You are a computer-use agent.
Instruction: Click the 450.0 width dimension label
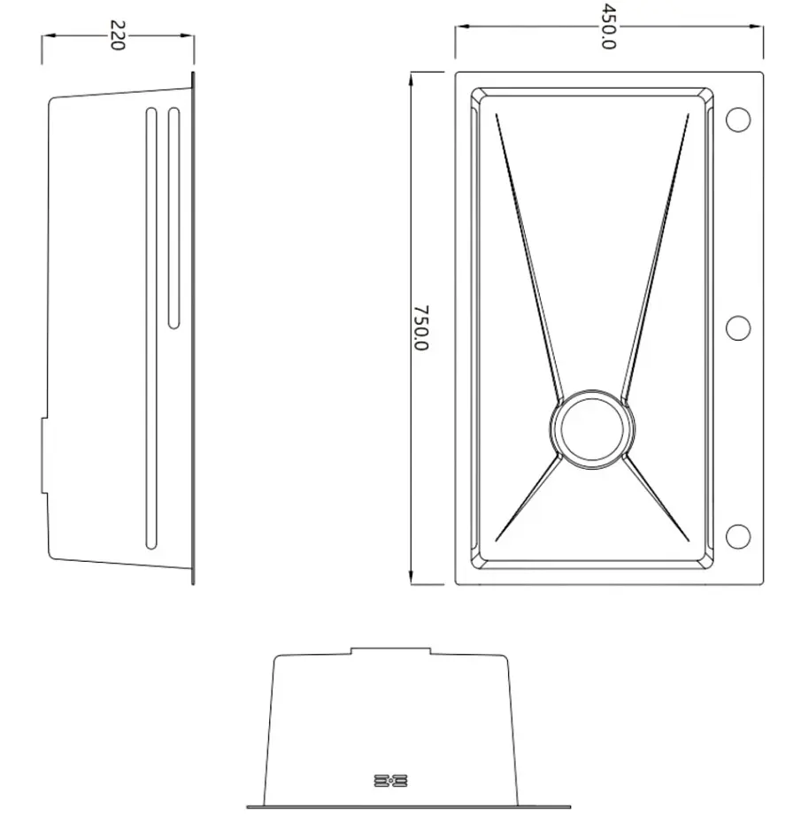point(607,27)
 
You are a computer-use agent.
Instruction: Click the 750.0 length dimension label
point(420,328)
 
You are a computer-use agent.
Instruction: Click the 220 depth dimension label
point(118,35)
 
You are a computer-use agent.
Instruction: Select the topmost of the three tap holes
point(738,119)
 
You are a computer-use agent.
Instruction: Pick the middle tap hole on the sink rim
point(738,328)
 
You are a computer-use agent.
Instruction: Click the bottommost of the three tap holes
point(738,536)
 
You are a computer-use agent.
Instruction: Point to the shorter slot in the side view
point(174,218)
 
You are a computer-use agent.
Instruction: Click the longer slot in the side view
point(151,328)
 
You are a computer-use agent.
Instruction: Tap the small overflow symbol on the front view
point(390,780)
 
